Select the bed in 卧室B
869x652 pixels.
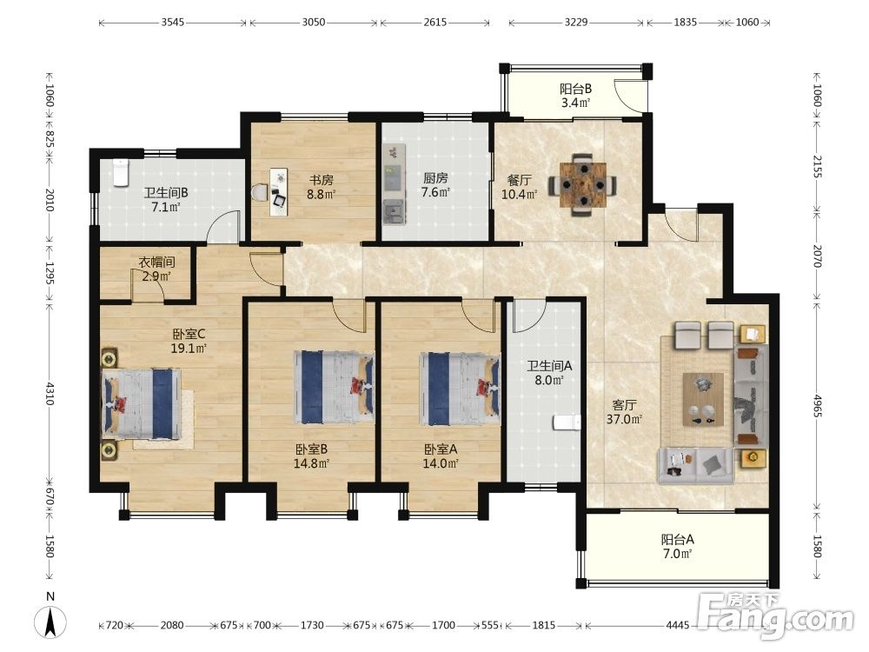click(x=333, y=387)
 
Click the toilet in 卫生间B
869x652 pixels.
click(x=120, y=172)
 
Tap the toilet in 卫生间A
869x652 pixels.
click(x=567, y=422)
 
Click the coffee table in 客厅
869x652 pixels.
click(x=703, y=399)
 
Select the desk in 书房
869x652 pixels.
click(x=279, y=192)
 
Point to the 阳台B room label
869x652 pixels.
click(x=575, y=88)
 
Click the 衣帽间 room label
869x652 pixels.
click(x=156, y=261)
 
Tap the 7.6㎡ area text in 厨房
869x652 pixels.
click(x=435, y=192)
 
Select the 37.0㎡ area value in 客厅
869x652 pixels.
click(x=624, y=419)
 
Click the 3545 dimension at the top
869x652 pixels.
click(x=173, y=23)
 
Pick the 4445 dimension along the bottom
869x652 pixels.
click(x=678, y=625)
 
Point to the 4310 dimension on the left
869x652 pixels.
click(x=50, y=393)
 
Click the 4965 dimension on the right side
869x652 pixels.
click(x=818, y=405)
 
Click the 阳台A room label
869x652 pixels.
click(x=677, y=539)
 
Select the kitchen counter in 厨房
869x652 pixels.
click(x=394, y=184)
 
